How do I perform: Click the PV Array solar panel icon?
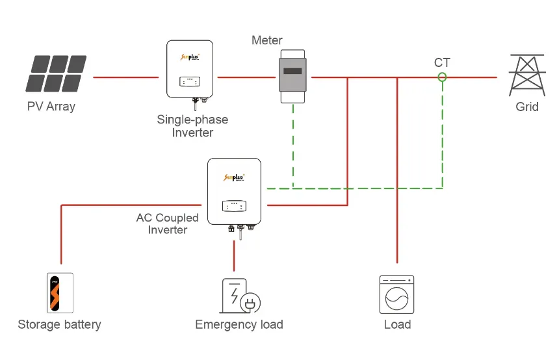(56, 73)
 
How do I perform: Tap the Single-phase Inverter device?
(190, 69)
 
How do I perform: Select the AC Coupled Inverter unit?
(234, 191)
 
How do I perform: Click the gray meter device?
(292, 74)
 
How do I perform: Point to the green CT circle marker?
(442, 77)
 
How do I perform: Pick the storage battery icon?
(60, 294)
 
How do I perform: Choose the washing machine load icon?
(396, 295)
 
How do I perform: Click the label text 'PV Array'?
(51, 107)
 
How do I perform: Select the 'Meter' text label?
(268, 41)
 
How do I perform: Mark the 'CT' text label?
(442, 63)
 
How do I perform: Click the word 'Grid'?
(527, 107)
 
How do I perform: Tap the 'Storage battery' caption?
(59, 324)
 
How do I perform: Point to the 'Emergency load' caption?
(239, 324)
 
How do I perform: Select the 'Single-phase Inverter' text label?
(192, 126)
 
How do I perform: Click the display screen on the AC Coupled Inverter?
(234, 205)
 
